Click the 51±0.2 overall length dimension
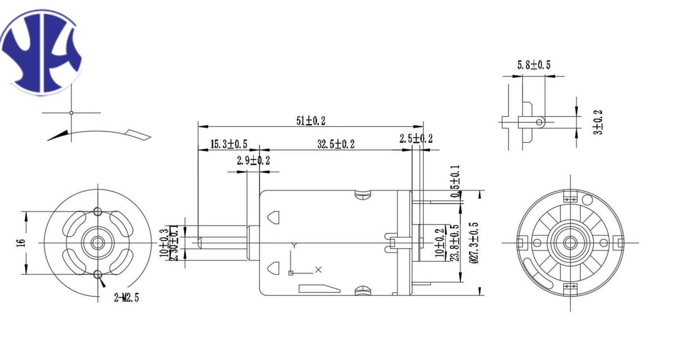(311, 120)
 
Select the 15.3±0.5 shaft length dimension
(229, 144)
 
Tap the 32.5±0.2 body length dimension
(336, 144)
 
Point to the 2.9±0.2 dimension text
(253, 161)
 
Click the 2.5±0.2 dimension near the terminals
(416, 139)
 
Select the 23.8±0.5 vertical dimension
(455, 243)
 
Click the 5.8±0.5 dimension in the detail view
(534, 65)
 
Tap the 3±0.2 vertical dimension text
(599, 121)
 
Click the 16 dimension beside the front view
(20, 243)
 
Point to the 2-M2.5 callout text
(126, 298)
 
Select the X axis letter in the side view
(318, 270)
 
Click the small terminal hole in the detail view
(539, 121)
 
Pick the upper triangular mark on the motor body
(274, 216)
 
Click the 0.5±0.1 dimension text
(455, 181)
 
